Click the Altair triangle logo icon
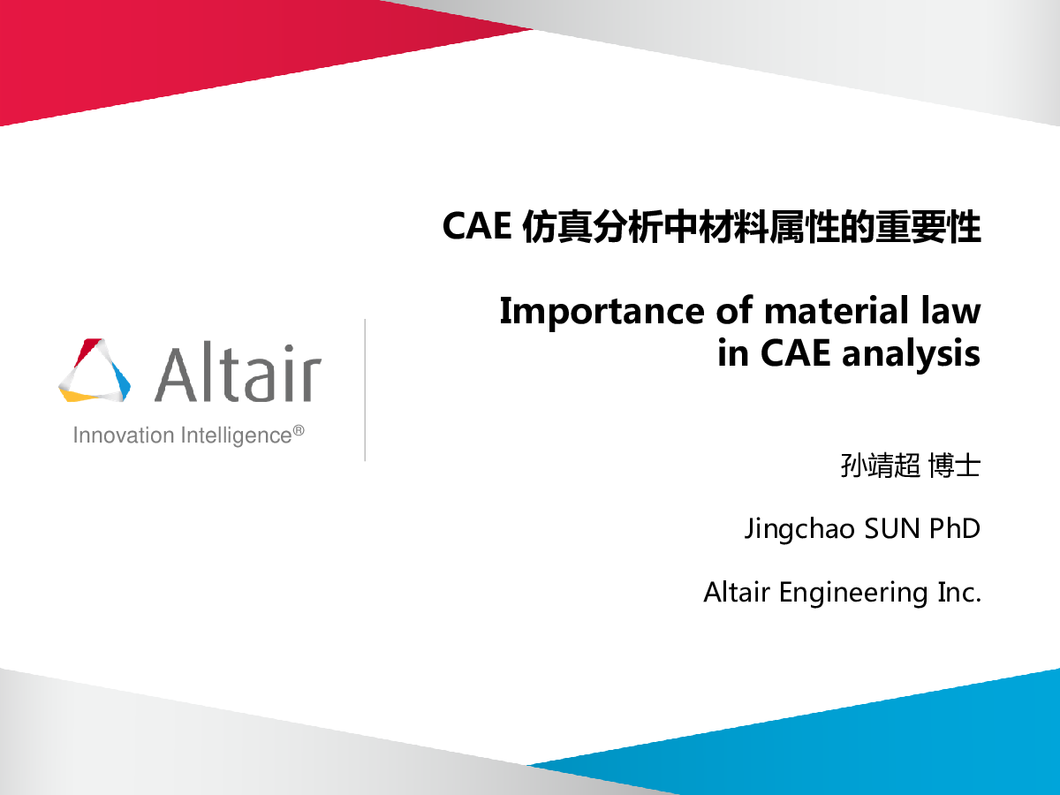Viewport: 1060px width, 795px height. [95, 370]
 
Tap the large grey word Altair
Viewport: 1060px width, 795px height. [238, 372]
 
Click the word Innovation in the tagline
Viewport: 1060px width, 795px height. [124, 435]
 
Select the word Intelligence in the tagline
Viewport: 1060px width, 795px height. [237, 435]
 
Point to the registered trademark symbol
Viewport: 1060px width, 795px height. [299, 430]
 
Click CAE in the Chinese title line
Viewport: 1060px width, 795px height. [477, 226]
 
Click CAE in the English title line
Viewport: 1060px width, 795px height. [795, 352]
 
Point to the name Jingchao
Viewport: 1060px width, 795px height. [799, 529]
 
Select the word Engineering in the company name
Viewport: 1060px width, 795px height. [853, 594]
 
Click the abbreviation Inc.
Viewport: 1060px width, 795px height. [959, 592]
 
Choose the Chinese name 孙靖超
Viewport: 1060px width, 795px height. [880, 466]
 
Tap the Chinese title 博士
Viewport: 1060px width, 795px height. [954, 466]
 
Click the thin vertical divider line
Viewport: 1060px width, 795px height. [365, 390]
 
